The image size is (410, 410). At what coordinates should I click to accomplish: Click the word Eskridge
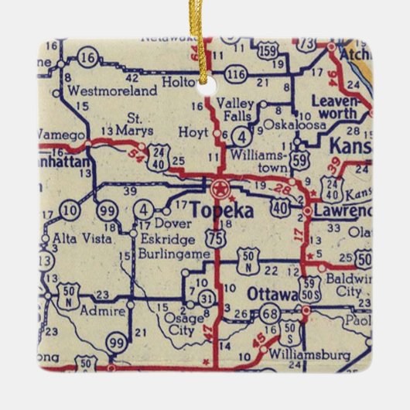(x=162, y=239)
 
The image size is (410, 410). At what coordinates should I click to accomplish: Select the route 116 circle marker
(x=237, y=74)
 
